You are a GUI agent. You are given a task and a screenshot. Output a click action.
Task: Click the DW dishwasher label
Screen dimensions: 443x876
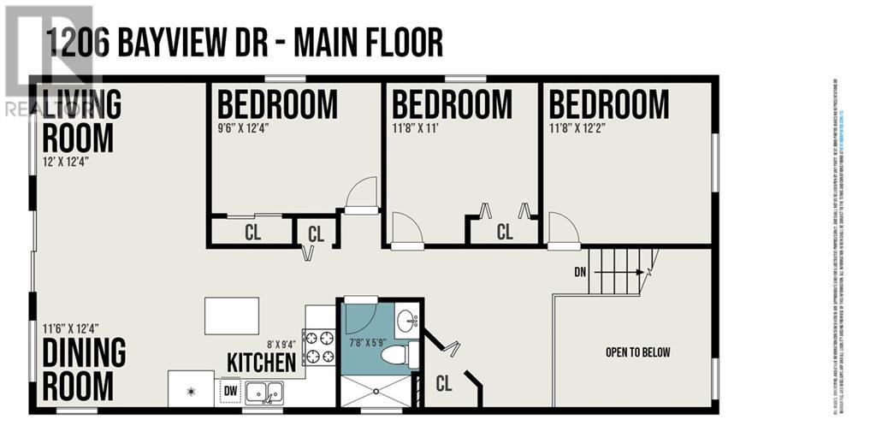(230, 390)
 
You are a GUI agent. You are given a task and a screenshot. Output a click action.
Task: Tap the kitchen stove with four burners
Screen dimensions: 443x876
(320, 346)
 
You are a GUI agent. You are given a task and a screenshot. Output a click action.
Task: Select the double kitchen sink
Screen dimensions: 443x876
(265, 393)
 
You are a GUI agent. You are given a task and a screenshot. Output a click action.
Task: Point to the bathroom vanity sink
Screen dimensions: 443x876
(408, 322)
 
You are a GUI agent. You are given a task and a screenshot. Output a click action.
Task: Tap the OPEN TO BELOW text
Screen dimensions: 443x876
(637, 352)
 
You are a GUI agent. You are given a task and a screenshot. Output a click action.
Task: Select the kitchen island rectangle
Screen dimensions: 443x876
(232, 316)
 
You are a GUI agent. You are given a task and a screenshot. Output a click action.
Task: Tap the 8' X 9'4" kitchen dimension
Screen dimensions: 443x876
(282, 344)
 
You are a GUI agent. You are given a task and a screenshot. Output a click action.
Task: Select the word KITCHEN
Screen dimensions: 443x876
(261, 362)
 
